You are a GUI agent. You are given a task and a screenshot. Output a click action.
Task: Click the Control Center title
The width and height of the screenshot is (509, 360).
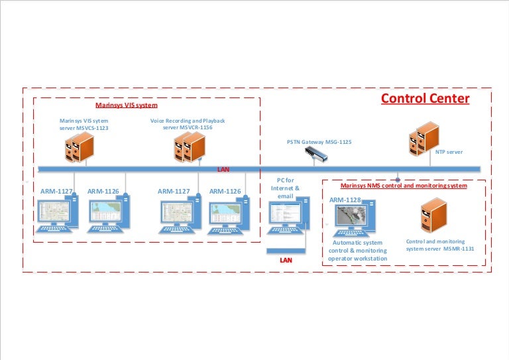(x=425, y=99)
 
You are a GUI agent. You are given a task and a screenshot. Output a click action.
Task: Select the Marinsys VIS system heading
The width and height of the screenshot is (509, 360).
(x=127, y=105)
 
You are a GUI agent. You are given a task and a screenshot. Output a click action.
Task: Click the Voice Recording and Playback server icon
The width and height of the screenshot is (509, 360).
(x=191, y=147)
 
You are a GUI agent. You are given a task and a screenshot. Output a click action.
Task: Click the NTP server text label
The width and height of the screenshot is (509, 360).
(x=449, y=152)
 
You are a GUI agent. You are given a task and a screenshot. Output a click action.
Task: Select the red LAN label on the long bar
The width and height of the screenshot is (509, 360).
(x=223, y=169)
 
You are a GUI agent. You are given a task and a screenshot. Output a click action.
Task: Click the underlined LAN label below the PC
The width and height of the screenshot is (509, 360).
(x=286, y=261)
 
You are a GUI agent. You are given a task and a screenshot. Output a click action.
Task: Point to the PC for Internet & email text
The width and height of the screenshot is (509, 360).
(x=286, y=188)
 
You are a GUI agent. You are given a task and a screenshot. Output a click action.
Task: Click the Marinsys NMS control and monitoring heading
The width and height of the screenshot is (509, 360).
(x=403, y=186)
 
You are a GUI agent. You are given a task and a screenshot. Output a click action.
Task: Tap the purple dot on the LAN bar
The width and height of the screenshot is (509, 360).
(x=398, y=179)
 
